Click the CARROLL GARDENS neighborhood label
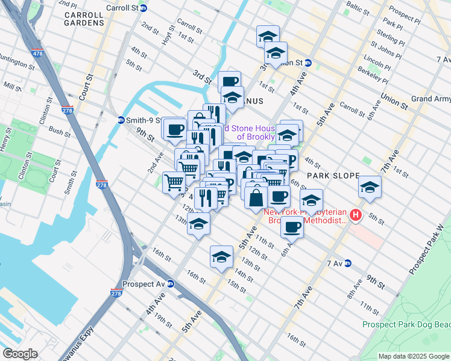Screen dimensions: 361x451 tap(84, 17)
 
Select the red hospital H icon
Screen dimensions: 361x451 tap(356, 215)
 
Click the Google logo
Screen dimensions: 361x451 tap(20, 354)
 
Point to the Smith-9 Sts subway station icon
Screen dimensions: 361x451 tap(121, 120)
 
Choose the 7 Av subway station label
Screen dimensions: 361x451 tap(334, 264)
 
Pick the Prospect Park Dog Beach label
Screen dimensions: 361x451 tap(406, 324)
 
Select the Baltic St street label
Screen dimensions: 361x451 tap(357, 8)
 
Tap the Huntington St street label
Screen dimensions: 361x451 tap(17, 62)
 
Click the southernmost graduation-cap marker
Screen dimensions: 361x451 tap(221, 257)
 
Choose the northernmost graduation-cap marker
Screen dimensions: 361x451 tap(268, 37)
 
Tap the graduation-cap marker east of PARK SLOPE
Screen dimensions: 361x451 tap(370, 187)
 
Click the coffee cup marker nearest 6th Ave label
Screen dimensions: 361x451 tap(292, 227)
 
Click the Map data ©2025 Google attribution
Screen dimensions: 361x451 tap(412, 356)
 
